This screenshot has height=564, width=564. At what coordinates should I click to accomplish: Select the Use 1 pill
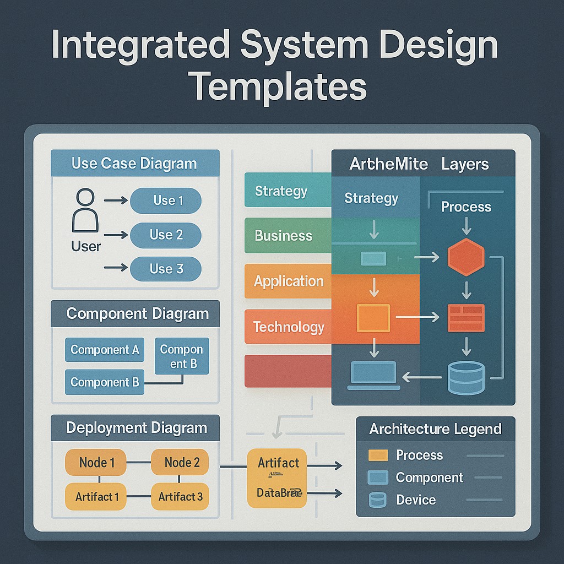click(166, 201)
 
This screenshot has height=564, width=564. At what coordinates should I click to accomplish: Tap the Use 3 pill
click(166, 269)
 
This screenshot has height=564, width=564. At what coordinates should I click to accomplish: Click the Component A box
click(105, 350)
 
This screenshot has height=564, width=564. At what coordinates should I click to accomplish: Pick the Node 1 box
click(96, 462)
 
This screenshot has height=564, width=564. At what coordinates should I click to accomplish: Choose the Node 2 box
click(180, 462)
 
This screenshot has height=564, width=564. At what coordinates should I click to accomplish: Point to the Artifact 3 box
click(180, 496)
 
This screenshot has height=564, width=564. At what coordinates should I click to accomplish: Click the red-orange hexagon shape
click(466, 257)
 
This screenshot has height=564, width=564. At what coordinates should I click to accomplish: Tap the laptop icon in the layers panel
click(373, 376)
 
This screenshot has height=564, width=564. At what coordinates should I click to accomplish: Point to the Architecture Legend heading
click(435, 429)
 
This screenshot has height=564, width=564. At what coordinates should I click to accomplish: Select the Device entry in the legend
click(415, 500)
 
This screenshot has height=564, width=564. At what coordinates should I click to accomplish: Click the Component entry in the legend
click(429, 478)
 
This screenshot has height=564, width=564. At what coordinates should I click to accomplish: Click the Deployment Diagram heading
click(135, 428)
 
